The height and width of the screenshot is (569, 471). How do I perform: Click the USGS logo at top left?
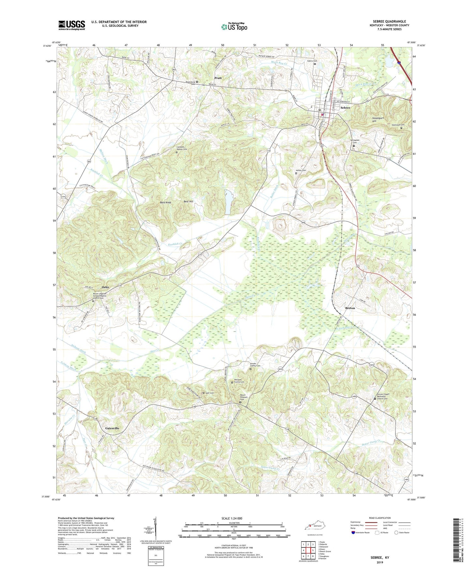coord(72,25)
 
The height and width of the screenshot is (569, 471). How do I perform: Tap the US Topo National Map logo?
coord(234,27)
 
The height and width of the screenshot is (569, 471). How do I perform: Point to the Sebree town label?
coord(345,108)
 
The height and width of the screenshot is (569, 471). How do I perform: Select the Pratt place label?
coord(218,78)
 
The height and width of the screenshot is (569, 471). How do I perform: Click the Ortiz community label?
coord(105,287)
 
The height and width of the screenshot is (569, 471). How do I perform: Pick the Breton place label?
coord(350,308)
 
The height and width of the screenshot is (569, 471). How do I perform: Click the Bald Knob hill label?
coord(166,202)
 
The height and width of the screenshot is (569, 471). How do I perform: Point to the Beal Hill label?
coord(188,201)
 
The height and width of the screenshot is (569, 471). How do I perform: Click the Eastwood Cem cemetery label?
coord(398,125)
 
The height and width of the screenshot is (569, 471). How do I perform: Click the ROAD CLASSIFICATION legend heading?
coord(379,518)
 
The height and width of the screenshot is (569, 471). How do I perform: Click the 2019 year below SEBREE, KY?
coord(380,562)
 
